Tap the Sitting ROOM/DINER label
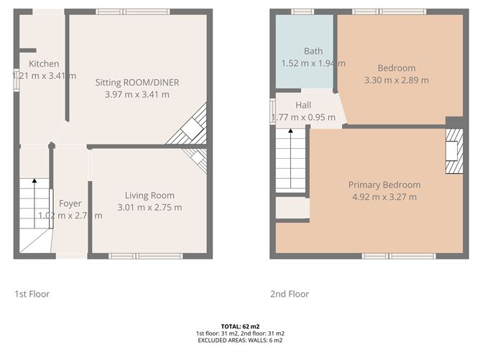137,83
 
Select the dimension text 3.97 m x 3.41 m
137,94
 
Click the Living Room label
149,195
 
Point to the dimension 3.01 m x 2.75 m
149,208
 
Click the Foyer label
70,203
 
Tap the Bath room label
313,51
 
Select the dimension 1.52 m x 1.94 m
313,63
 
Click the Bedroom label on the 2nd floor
397,68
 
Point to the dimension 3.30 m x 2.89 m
397,80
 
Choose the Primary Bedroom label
384,185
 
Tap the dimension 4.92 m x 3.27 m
384,197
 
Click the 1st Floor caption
32,294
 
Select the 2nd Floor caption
290,294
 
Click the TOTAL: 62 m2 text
239,326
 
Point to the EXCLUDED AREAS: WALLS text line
239,340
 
